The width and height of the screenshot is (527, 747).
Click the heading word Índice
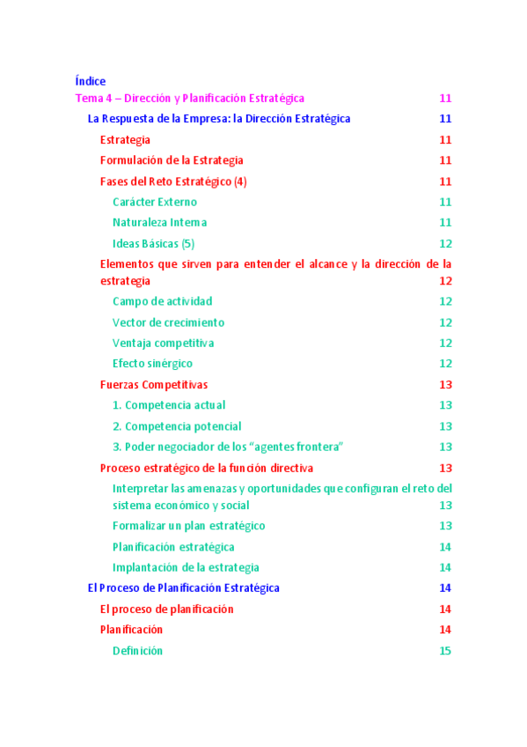(91, 81)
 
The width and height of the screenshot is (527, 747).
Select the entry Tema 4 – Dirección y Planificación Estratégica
(190, 99)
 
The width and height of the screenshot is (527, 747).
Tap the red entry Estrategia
(125, 140)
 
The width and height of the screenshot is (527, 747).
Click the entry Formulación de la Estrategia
(172, 160)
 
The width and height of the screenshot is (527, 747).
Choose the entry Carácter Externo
(155, 203)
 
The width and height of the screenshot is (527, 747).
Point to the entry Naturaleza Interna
(160, 223)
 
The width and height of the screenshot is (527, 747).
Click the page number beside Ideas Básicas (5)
(445, 244)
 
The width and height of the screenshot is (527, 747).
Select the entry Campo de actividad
(162, 301)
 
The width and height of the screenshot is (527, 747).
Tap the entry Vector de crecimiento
(168, 322)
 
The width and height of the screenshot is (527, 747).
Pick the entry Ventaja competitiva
(163, 344)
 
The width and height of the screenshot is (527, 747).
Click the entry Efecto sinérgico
(152, 364)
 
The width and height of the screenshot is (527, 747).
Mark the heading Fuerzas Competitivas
(154, 385)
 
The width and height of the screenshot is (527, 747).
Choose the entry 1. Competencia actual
(169, 405)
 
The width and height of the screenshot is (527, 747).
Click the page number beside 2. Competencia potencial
(445, 426)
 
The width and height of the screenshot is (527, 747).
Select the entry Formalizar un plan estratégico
(188, 526)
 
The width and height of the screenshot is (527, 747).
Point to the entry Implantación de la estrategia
(186, 567)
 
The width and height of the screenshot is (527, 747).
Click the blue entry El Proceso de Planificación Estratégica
(183, 588)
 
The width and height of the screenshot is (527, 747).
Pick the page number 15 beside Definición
(445, 651)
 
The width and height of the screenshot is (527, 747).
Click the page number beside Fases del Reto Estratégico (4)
(445, 181)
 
